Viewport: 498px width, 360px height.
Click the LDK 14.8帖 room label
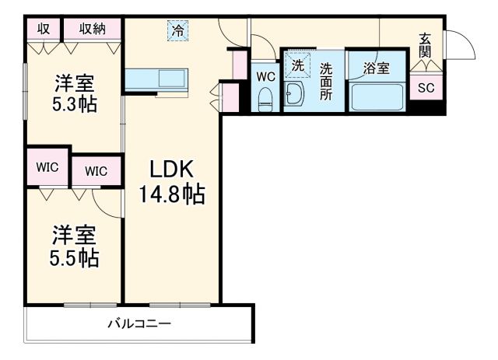pos(172,181)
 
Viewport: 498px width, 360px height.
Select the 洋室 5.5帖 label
pos(75,245)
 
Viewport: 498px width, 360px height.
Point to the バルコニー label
pos(139,323)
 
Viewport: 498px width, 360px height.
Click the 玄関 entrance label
pos(426,44)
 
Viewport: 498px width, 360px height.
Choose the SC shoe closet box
pos(426,87)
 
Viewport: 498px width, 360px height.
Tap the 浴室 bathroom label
pos(377,68)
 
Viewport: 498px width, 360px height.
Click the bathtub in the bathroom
pos(377,96)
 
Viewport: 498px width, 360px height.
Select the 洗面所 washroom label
pos(328,79)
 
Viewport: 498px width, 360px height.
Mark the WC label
pos(265,77)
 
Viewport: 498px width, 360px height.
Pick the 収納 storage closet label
pos(92,29)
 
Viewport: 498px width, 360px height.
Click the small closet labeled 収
pos(44,29)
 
